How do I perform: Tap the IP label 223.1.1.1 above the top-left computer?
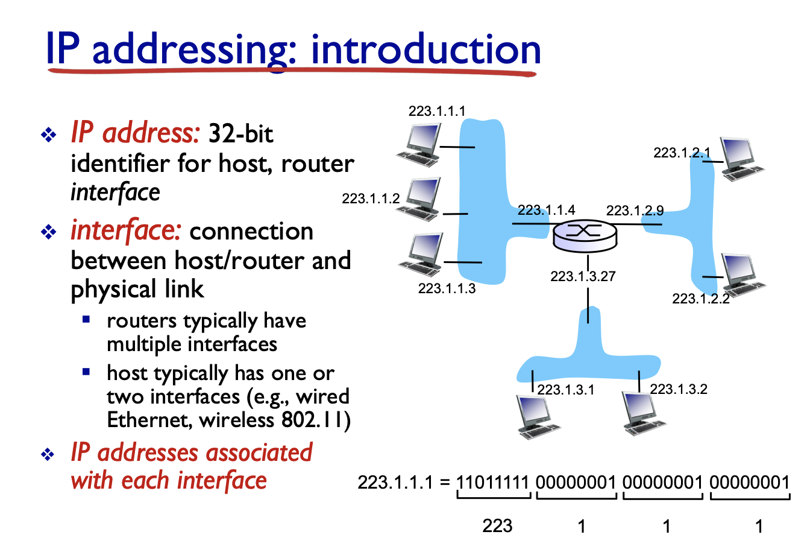coord(436,111)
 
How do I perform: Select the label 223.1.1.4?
coord(546,210)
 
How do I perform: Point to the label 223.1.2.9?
coord(635,211)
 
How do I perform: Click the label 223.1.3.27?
coord(583,276)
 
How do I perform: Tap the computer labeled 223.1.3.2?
coord(645,413)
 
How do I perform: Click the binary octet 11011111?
coord(493,483)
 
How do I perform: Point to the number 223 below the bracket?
coord(497,526)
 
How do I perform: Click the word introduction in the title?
coord(425,50)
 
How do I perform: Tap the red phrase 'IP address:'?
coord(135,133)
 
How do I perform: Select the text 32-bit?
coord(240,133)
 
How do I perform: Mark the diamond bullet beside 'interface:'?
coord(48,232)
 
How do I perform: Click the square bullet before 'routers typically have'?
coord(87,319)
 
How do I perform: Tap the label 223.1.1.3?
coord(447,288)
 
